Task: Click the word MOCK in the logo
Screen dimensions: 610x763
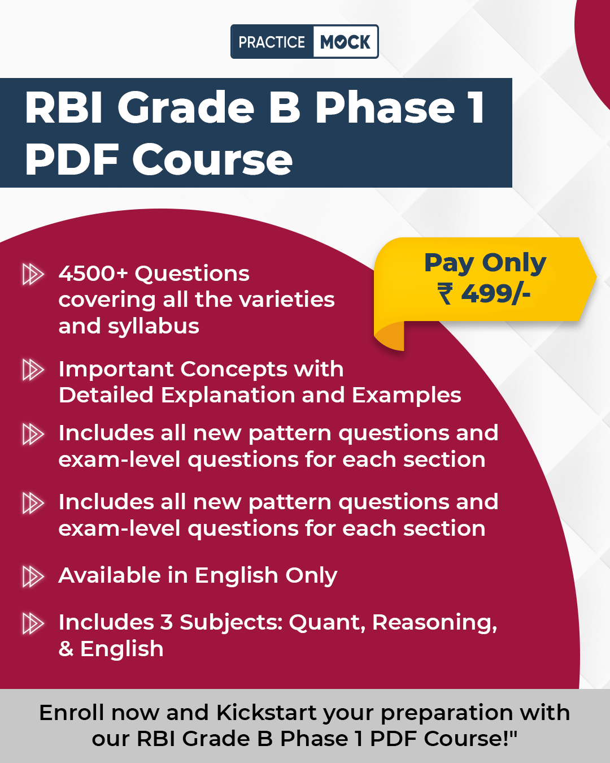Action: click(345, 42)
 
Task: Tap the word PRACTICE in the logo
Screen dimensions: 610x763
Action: click(272, 42)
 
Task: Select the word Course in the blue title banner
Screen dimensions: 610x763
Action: click(212, 159)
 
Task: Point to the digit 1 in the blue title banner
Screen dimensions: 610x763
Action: click(476, 106)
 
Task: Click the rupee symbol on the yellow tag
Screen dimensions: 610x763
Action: click(445, 293)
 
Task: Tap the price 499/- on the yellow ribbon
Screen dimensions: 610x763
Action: click(495, 293)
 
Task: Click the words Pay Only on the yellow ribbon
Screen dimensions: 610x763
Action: click(485, 263)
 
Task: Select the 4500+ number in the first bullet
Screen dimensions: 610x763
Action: click(93, 274)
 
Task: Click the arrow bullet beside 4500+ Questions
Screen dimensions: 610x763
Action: click(33, 274)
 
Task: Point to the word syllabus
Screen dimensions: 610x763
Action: click(154, 327)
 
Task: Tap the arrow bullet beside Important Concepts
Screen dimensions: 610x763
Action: click(33, 370)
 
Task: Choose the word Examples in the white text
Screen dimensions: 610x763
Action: click(406, 396)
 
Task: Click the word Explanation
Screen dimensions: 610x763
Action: click(228, 396)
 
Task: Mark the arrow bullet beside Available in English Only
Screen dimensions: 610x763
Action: click(33, 576)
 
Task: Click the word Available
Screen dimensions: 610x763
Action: click(110, 575)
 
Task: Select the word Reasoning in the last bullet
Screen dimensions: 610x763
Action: click(434, 623)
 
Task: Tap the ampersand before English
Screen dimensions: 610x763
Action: click(66, 648)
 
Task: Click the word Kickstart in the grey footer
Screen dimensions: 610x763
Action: click(267, 713)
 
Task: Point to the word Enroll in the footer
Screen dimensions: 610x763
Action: click(72, 713)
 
